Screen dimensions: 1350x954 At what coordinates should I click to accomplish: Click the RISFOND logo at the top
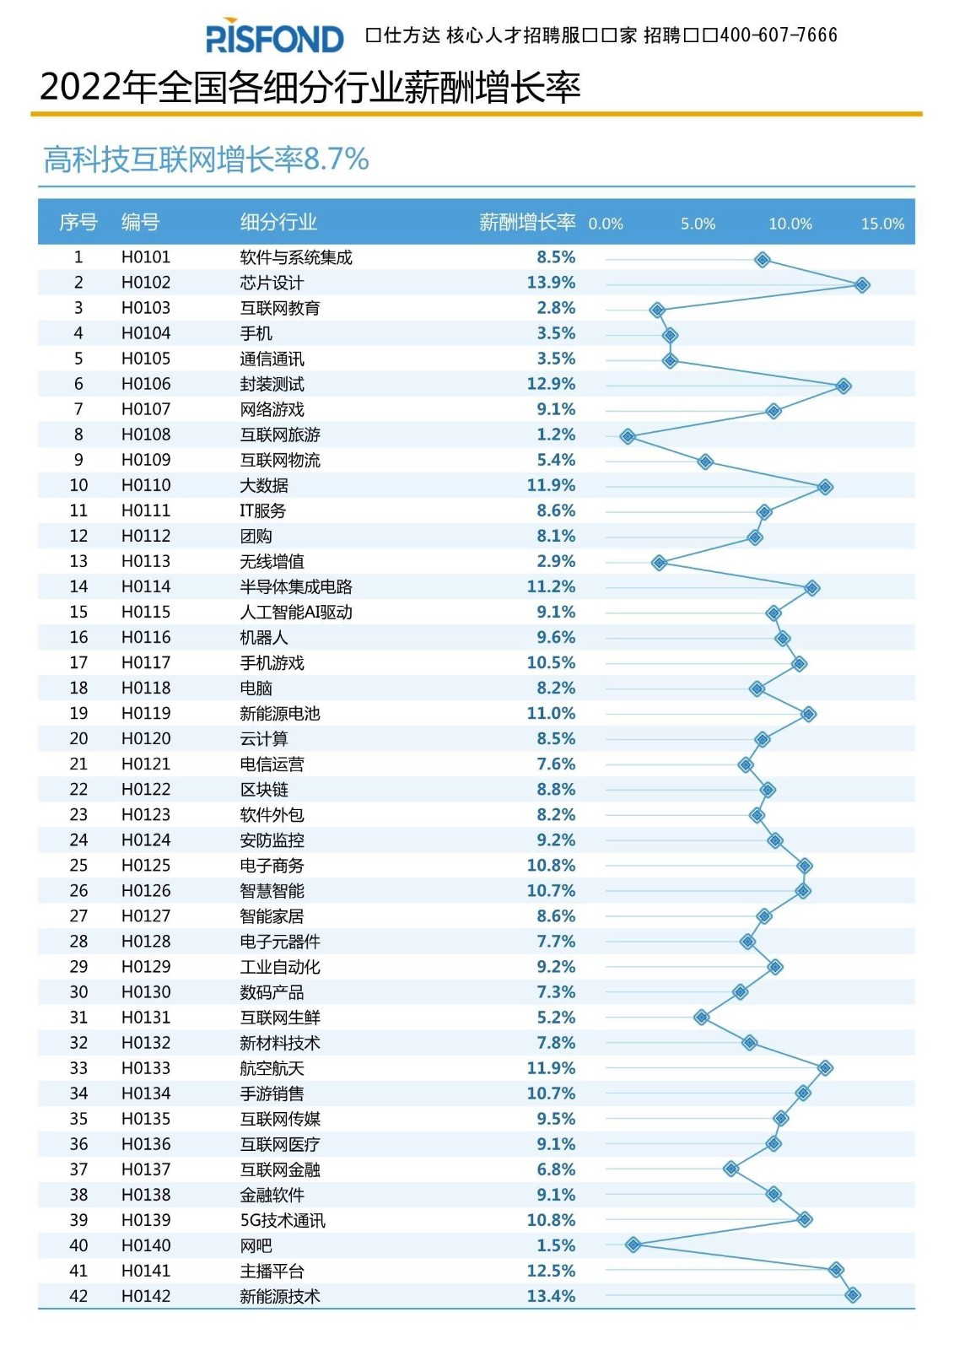click(274, 37)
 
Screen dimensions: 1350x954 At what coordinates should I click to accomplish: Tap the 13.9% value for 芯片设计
click(551, 283)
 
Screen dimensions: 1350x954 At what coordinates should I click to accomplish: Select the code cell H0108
click(146, 435)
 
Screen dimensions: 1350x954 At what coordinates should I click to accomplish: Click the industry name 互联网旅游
click(280, 435)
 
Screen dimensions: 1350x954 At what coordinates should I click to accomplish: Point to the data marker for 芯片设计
click(861, 285)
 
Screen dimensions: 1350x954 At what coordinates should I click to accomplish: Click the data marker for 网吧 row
click(633, 1245)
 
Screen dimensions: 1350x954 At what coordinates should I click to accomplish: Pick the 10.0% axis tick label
click(790, 224)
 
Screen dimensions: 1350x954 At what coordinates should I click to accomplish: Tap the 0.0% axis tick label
click(605, 224)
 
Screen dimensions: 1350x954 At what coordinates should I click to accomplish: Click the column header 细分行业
click(278, 222)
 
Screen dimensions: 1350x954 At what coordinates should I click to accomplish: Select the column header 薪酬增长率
click(527, 222)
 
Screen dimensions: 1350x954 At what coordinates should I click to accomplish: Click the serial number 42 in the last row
click(78, 1296)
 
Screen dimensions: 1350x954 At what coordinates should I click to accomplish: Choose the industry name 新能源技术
click(280, 1296)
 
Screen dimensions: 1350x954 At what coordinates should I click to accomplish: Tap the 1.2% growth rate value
click(556, 435)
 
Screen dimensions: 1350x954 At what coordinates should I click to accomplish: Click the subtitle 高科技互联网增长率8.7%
click(207, 159)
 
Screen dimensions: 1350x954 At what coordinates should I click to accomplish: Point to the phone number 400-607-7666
click(779, 35)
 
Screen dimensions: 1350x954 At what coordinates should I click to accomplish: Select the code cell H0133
click(146, 1068)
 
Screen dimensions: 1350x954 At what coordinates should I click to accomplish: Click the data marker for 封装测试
click(843, 386)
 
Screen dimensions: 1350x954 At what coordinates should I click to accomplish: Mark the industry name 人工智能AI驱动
click(296, 612)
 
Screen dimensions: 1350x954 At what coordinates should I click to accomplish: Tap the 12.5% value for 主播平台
click(551, 1271)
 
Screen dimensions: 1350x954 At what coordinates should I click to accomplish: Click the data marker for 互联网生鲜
click(701, 1018)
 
